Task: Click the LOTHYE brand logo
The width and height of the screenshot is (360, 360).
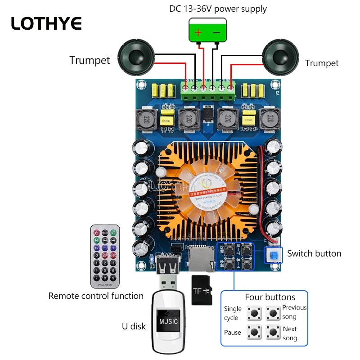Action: pos(46,23)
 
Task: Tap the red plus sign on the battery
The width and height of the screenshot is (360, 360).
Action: pos(198,32)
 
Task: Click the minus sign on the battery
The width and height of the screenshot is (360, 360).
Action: pos(216,32)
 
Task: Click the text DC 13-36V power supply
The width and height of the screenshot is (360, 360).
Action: pos(218,9)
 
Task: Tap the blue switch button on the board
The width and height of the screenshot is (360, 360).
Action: pos(273,256)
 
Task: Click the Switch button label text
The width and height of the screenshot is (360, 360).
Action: pos(314,253)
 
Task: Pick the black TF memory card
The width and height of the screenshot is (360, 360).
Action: pos(202,290)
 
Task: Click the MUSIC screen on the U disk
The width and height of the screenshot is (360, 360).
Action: pos(168,321)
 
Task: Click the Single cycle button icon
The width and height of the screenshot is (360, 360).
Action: pos(256,312)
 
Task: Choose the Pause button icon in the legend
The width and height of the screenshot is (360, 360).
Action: pos(256,333)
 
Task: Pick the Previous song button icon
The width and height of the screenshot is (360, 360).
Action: pos(273,312)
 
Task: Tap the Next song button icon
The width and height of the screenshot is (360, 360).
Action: pos(273,333)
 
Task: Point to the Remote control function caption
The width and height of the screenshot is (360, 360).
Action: pos(96,296)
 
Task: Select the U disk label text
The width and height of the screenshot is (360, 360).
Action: pos(134,326)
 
